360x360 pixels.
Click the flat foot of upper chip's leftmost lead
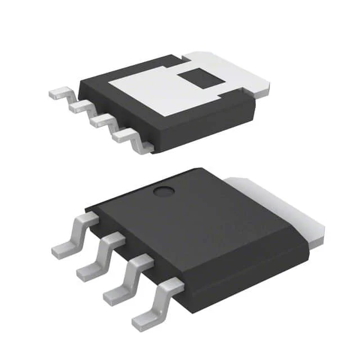(x=56, y=94)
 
